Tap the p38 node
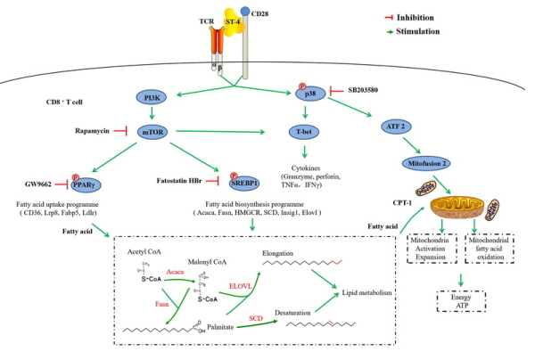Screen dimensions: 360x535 (x=309, y=92)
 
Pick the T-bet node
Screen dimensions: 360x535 (x=309, y=132)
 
